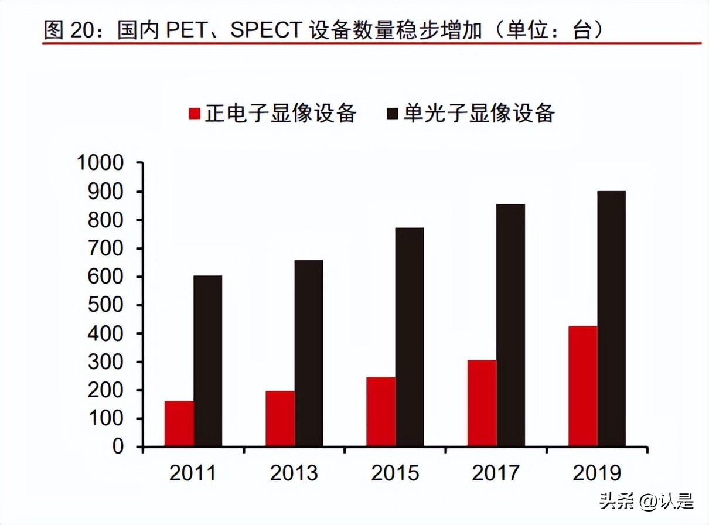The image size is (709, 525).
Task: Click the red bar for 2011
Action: (x=179, y=424)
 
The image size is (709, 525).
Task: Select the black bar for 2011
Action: (x=207, y=361)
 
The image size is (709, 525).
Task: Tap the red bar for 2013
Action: (x=279, y=418)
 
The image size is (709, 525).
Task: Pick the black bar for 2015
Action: (x=409, y=337)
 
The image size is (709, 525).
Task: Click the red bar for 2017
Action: (x=482, y=403)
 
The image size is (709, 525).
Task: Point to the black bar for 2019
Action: (x=611, y=319)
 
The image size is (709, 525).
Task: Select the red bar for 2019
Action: (x=582, y=386)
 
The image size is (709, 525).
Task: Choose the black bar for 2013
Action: (x=308, y=353)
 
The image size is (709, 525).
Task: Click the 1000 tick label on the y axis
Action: (x=100, y=163)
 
